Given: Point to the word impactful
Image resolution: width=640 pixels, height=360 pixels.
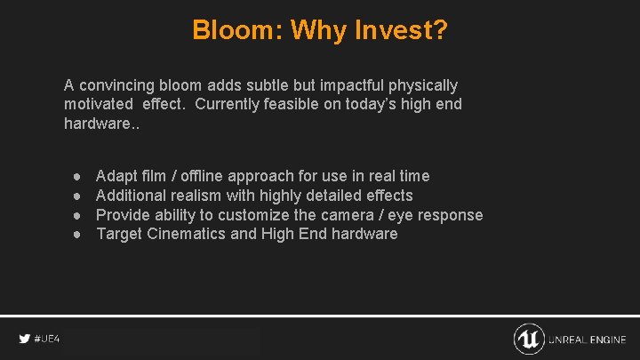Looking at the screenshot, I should pos(343,85).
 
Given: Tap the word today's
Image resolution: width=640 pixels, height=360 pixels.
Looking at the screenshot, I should pos(372,104).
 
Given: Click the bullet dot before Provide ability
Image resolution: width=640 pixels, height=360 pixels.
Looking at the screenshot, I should pos(77,215).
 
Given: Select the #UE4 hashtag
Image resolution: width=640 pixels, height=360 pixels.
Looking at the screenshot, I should pos(47,339).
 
